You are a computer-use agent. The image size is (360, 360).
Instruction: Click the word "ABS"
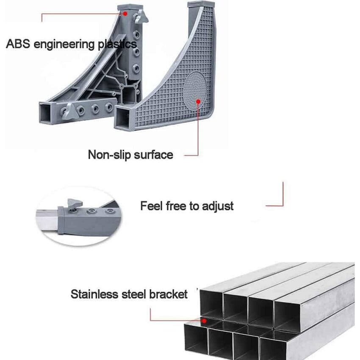17,44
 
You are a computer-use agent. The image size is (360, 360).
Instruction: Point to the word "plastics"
115,44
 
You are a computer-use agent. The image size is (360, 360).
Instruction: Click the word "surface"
153,155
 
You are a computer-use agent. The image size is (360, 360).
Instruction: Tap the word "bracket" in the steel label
168,294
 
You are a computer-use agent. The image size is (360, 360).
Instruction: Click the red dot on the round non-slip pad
197,101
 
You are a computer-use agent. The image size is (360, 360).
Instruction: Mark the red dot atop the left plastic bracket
126,13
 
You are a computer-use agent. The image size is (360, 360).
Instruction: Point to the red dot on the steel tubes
204,321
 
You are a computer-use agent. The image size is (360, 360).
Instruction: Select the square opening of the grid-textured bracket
125,116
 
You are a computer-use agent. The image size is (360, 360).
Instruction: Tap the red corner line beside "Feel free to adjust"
280,199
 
